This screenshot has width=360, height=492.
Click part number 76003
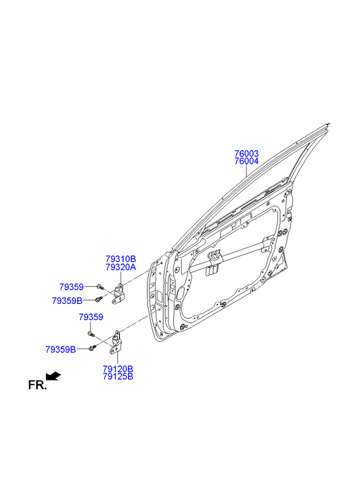pos(246,154)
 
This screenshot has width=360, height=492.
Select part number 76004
pos(246,161)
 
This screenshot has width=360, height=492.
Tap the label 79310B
pos(120,259)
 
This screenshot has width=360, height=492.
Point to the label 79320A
pos(120,267)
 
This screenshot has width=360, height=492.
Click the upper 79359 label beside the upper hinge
pos(72,287)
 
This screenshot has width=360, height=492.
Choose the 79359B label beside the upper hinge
pos(67,301)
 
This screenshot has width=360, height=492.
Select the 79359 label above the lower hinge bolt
pos(91,317)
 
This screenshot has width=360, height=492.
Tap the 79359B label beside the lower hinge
pos(61,350)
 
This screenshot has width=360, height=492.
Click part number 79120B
pos(118,369)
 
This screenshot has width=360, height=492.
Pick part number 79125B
pos(118,376)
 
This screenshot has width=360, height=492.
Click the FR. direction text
pos(37,385)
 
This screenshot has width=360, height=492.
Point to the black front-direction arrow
pos(53,376)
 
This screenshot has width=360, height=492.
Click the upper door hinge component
pos(118,294)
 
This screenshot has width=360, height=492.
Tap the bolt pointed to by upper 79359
pos(99,286)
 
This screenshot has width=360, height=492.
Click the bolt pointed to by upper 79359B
pos(99,299)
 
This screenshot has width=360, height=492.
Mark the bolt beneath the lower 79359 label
pos(91,334)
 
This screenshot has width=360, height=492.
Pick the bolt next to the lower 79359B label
pos(93,347)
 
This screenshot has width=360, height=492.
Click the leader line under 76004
pos(246,171)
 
